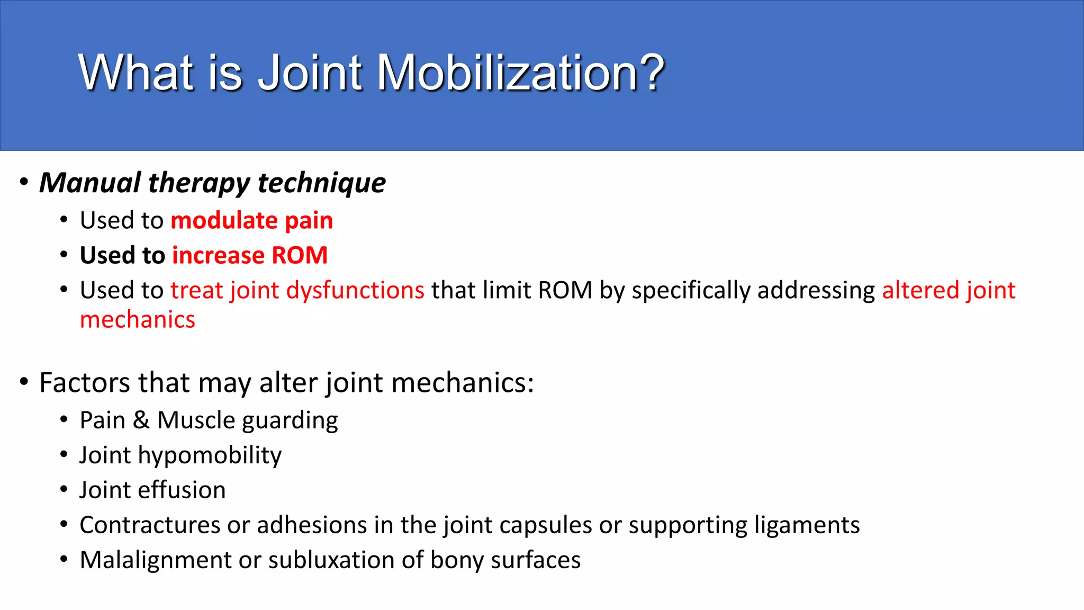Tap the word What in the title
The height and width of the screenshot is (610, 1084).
click(x=135, y=73)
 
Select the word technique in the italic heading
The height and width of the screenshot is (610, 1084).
click(x=321, y=183)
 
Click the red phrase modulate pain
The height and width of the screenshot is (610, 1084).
click(x=251, y=220)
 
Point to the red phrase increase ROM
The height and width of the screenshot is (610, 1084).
click(x=249, y=255)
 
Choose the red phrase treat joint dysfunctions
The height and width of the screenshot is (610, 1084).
click(x=297, y=290)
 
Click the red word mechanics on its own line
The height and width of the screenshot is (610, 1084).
click(x=138, y=320)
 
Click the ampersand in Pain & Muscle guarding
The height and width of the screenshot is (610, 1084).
click(x=141, y=420)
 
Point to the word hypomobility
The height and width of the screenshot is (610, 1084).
click(x=210, y=455)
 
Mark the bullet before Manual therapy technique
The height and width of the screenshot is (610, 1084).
click(x=24, y=182)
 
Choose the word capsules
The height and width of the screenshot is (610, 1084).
click(x=545, y=525)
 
